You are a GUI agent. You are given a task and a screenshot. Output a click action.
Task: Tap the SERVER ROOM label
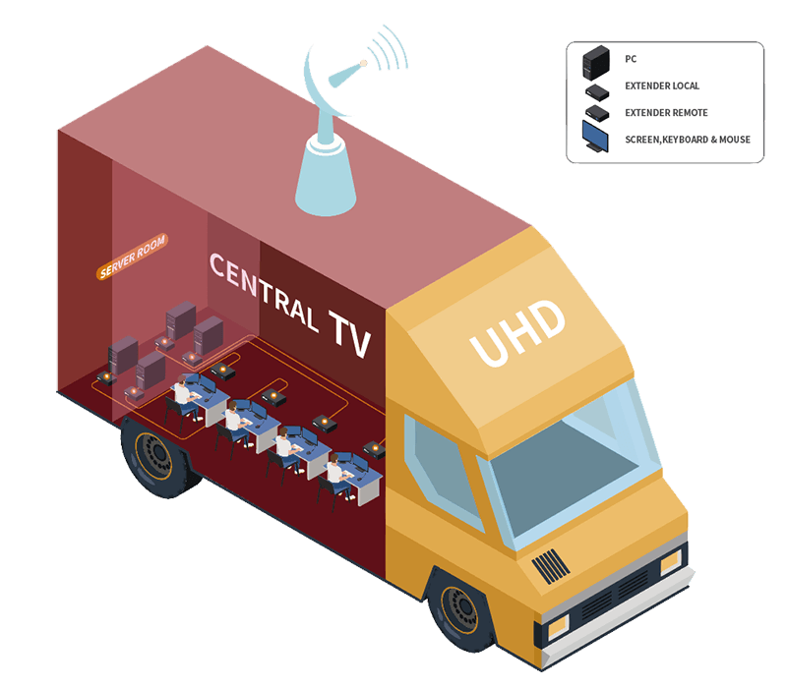click(133, 257)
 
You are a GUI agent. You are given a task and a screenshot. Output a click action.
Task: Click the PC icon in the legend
click(595, 60)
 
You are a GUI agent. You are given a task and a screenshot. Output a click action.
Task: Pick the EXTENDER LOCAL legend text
click(662, 86)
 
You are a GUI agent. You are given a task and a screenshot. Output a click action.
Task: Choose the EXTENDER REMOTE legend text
click(666, 113)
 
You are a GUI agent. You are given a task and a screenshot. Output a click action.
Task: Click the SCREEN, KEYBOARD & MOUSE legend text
click(688, 140)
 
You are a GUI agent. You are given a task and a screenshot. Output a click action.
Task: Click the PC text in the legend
click(631, 60)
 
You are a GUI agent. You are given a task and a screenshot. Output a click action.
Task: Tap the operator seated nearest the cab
click(335, 472)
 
